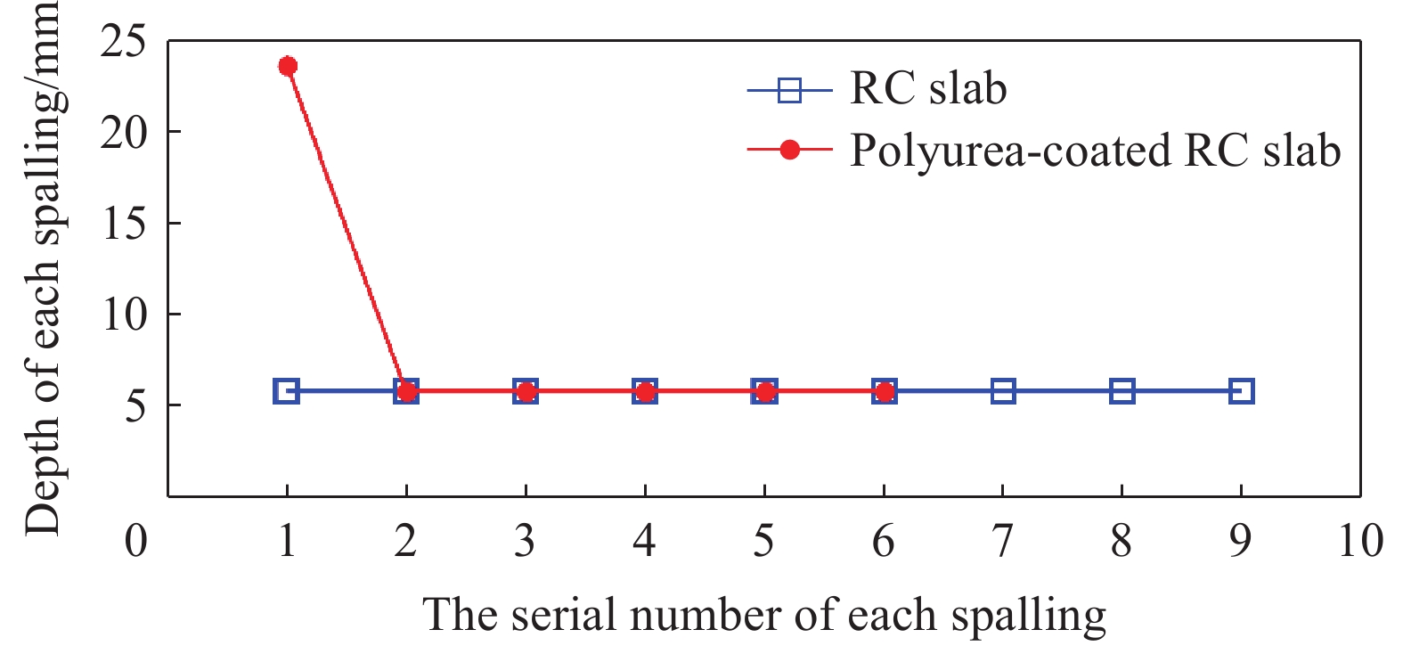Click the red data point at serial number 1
coord(288,66)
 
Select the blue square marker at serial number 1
coord(287,391)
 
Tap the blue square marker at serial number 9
coord(1241,391)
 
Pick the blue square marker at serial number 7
coord(1003,391)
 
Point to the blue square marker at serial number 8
coord(1122,391)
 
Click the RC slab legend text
coord(928,88)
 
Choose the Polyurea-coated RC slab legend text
coord(1095,151)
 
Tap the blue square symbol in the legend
coord(789,90)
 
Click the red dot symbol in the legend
coord(789,151)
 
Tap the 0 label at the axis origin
coord(136,541)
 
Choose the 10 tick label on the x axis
coord(1360,541)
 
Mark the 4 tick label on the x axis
coord(644,541)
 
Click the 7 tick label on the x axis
coord(1002,541)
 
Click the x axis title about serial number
coord(763,616)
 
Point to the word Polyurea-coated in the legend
coord(1010,151)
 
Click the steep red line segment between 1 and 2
coord(347,228)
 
